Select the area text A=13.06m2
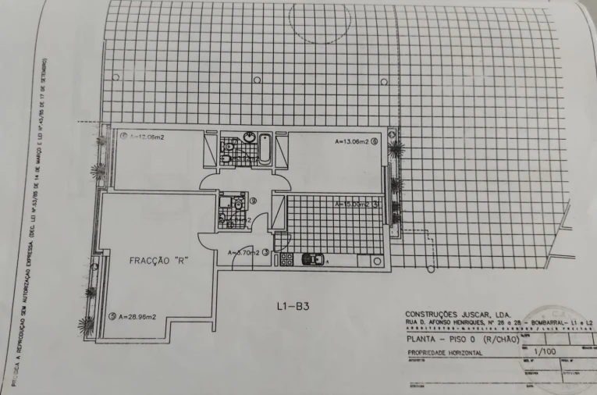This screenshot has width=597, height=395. [x=351, y=142]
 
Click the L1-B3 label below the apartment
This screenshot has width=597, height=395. [x=293, y=306]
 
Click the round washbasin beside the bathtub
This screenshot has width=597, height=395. [x=249, y=137]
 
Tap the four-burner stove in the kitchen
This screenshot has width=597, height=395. [x=286, y=258]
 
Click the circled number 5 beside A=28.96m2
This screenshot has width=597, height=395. [x=112, y=316]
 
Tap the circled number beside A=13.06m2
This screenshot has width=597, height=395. [x=375, y=142]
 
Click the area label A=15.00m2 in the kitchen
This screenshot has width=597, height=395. [x=350, y=205]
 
